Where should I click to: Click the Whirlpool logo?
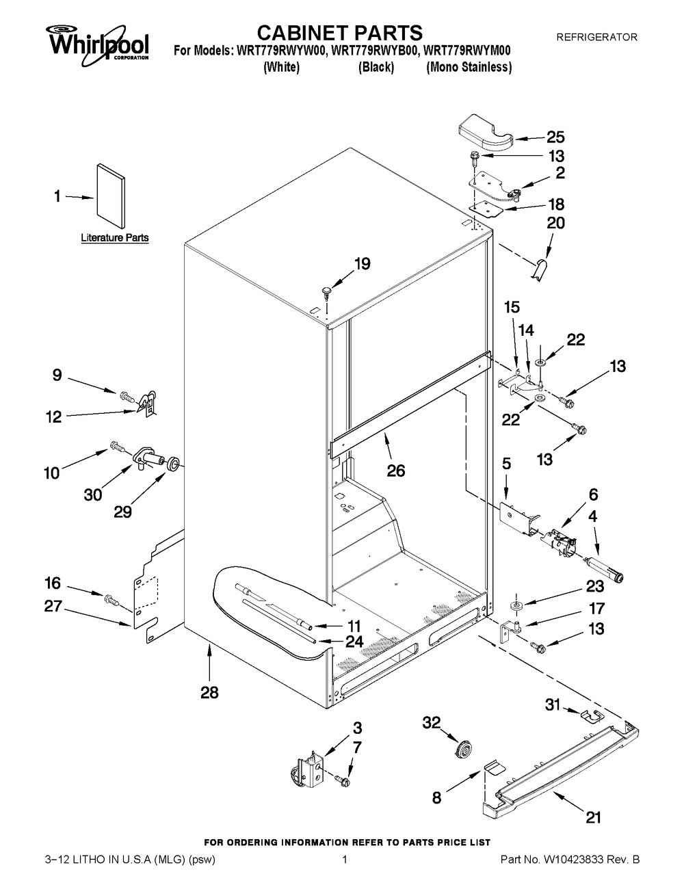97,44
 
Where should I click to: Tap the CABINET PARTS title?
340,33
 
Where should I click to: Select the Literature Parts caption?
115,237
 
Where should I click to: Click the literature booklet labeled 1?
111,196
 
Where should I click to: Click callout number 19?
363,264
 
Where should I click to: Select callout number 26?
396,471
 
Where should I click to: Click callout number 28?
209,692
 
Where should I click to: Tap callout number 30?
93,495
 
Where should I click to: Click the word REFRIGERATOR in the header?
597,37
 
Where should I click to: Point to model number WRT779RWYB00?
377,51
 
